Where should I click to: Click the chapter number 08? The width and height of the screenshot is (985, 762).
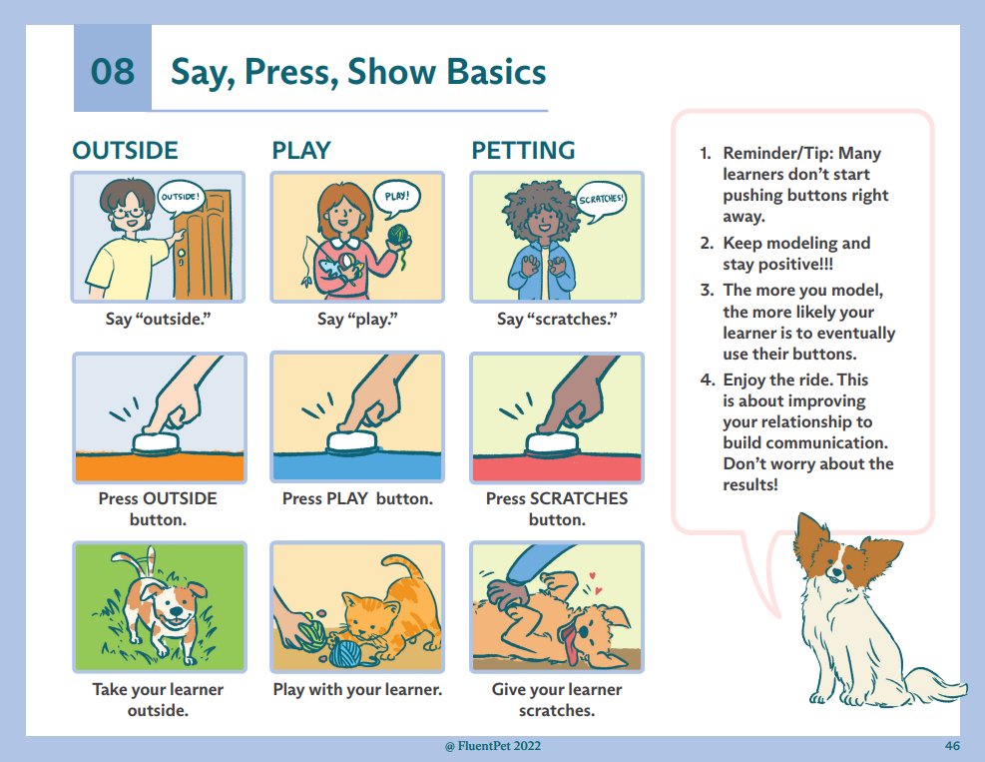tap(113, 71)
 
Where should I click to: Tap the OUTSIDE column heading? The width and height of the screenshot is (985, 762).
tap(125, 151)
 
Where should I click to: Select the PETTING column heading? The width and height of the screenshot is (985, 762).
tap(523, 151)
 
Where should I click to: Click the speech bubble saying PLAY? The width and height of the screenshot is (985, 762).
tap(396, 198)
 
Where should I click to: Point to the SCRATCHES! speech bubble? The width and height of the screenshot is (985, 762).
tap(601, 200)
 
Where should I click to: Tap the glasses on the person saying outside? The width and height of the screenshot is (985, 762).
tap(129, 213)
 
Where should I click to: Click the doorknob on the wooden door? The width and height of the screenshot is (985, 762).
tap(181, 254)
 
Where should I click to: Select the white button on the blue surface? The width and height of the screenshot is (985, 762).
tap(351, 442)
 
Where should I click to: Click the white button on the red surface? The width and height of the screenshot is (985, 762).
tap(552, 443)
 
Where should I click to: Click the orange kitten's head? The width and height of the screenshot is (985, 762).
tap(370, 616)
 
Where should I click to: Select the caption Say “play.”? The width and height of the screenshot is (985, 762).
tap(357, 319)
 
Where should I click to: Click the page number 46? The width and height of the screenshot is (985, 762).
tap(952, 746)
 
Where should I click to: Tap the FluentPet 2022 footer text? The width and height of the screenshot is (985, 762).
tap(493, 746)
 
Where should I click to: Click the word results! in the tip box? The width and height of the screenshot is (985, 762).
tap(750, 484)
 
